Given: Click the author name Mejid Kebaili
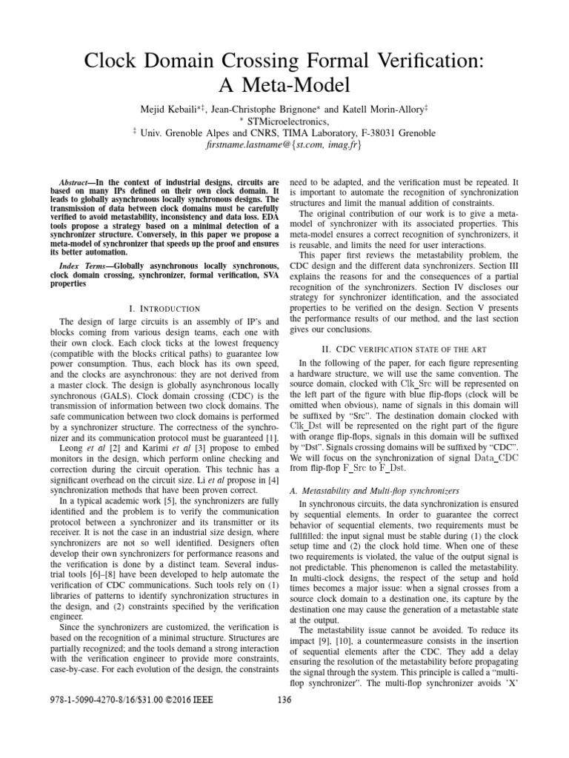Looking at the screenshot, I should (x=172, y=109).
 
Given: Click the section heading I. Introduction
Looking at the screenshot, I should (x=165, y=308).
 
